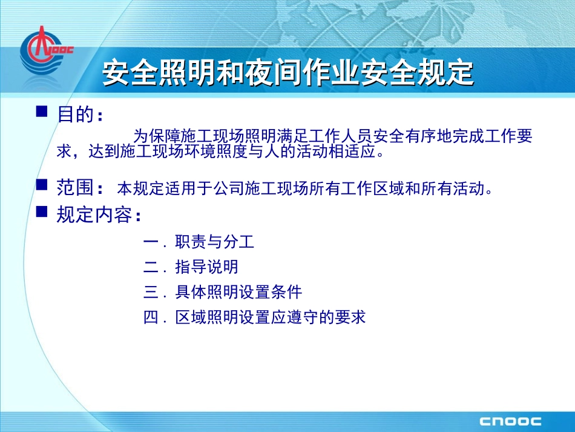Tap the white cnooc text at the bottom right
510,421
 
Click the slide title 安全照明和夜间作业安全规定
287,73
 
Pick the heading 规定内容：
100,215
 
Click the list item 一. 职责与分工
199,242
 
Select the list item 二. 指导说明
191,267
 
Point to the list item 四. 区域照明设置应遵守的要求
255,317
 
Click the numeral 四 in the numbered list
151,317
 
